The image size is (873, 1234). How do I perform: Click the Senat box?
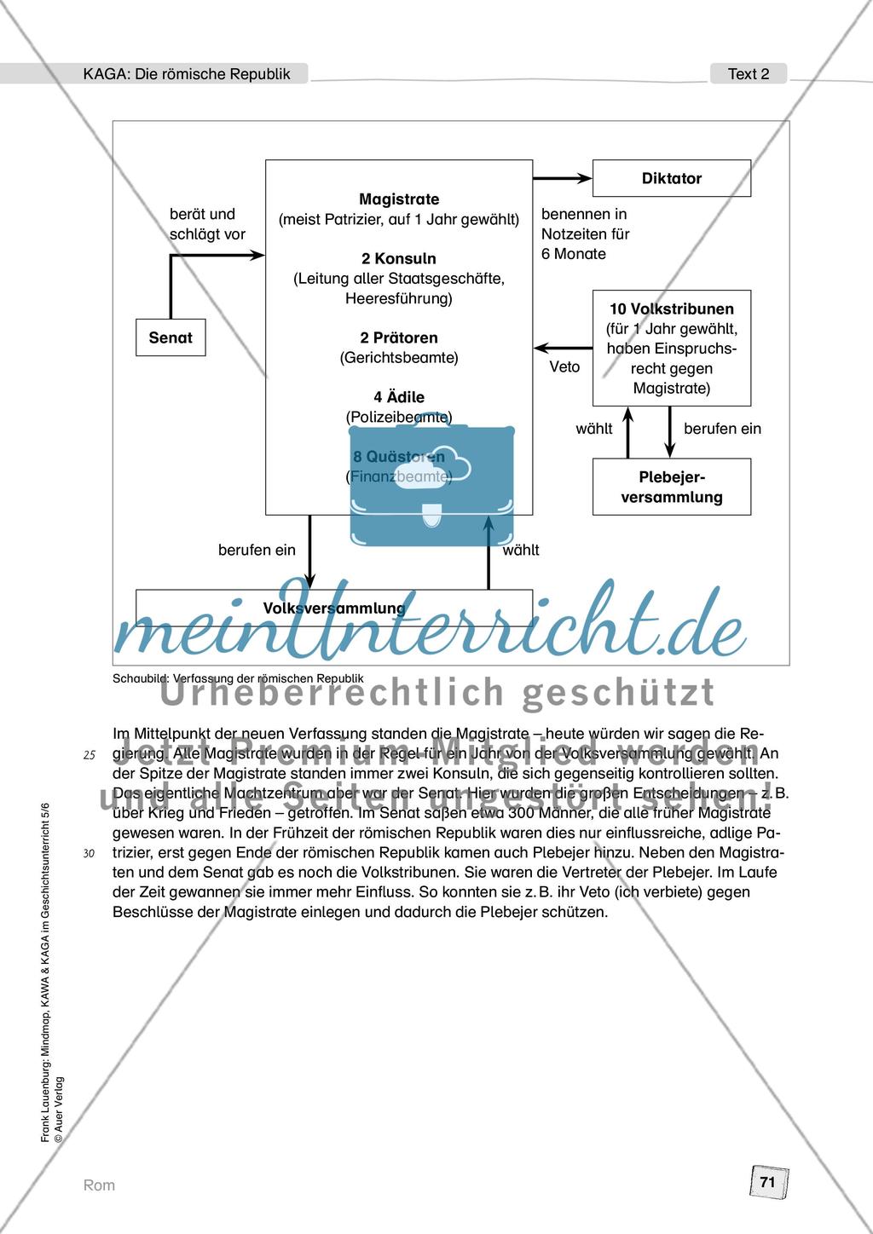171,337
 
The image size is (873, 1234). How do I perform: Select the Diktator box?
672,178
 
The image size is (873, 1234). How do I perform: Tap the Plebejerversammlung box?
672,487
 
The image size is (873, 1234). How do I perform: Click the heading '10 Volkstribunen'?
672,308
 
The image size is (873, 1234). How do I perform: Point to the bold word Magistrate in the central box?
399,199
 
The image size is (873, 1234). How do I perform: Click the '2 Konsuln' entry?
399,258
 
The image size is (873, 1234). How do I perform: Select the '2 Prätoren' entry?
399,337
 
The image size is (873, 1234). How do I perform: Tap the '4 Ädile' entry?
399,397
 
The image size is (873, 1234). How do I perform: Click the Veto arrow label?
564,366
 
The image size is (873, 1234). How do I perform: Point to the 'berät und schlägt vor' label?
207,223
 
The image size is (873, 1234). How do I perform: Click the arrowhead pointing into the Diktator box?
585,178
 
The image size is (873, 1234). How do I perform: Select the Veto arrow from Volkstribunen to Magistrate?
563,348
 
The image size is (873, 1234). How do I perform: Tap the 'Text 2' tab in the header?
749,74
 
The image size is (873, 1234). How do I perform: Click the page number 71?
767,1182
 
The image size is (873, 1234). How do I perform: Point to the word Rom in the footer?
99,1185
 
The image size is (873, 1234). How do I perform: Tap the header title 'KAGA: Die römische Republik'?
187,74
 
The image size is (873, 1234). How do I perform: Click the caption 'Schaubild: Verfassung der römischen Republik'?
238,678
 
